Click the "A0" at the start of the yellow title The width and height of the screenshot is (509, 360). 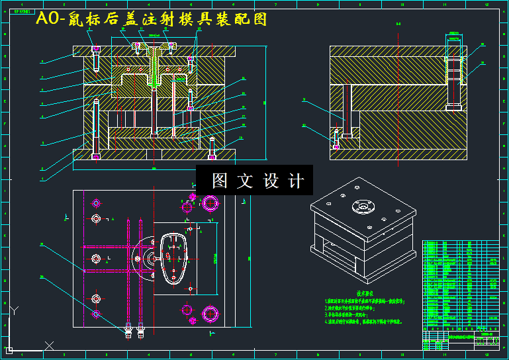tap(47, 19)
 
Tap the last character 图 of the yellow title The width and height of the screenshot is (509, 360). tap(260, 19)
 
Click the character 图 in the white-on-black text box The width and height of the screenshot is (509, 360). tap(219, 181)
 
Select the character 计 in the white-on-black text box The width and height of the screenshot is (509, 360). tap(296, 181)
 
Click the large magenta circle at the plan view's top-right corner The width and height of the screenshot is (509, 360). tap(214, 202)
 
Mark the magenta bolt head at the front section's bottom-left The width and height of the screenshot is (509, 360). tap(97, 157)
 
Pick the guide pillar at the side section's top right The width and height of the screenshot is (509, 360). tap(453, 73)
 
